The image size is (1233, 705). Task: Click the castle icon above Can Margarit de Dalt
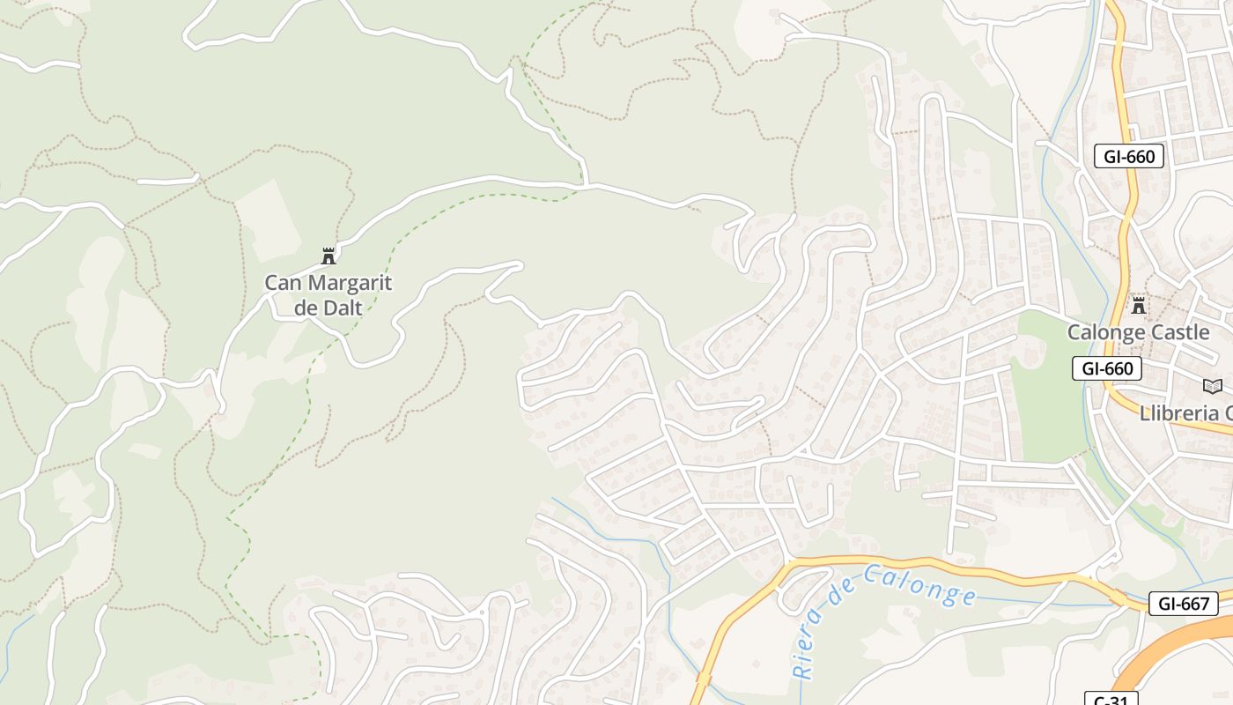tap(329, 256)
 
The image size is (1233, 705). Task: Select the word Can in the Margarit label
tap(282, 284)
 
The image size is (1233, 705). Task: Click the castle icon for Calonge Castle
tap(1139, 306)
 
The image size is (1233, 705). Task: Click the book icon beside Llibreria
tap(1213, 386)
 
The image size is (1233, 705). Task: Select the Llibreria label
tap(1185, 412)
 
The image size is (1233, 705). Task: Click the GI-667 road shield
tap(1184, 604)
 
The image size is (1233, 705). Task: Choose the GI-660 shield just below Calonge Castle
tap(1107, 368)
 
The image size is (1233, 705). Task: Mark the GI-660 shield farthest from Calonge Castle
tap(1129, 157)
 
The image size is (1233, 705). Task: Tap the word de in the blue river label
tap(835, 600)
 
